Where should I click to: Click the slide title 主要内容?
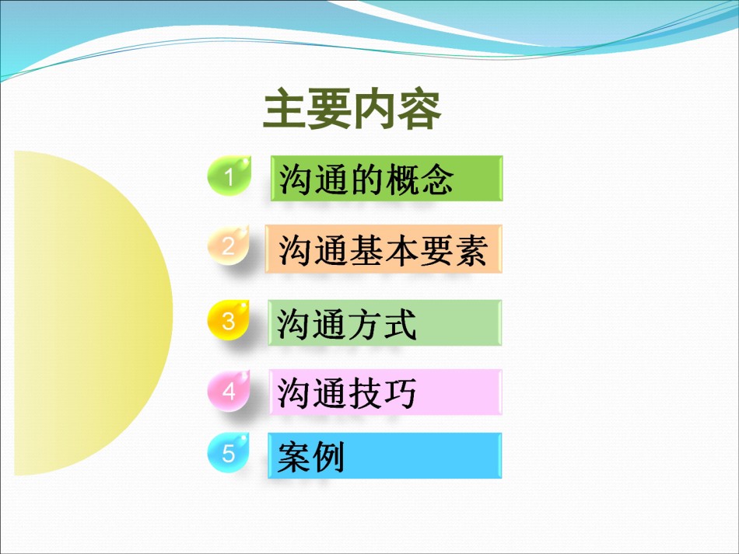tap(352, 110)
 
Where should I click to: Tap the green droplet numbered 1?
tap(229, 176)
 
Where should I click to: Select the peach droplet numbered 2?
tap(229, 245)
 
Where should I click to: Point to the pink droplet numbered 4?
tap(229, 390)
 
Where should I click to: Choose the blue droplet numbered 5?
tap(229, 453)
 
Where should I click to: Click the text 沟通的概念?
tap(366, 179)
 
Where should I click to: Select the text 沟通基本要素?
tap(382, 250)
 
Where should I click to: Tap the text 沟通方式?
tap(347, 324)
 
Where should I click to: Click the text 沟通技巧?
tap(347, 393)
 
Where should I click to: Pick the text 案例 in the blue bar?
tap(310, 456)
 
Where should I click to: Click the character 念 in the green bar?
tap(437, 179)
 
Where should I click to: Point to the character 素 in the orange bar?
tap(470, 250)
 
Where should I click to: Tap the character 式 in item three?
tap(400, 324)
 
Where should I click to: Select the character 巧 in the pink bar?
tap(400, 393)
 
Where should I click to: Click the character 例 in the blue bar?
tap(328, 456)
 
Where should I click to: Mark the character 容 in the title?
tap(419, 110)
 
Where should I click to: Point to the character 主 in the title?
tap(284, 110)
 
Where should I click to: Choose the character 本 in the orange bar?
tap(400, 250)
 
